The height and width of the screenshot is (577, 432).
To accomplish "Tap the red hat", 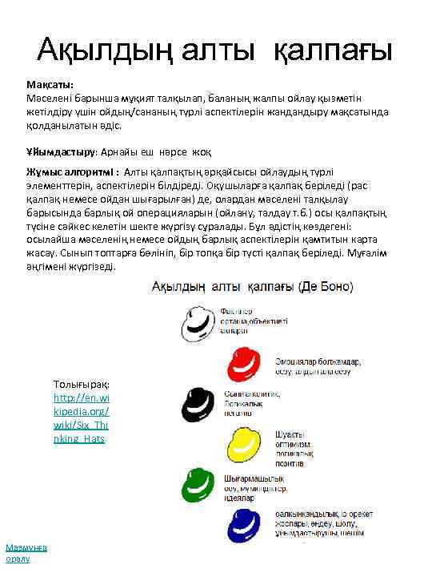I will [x=246, y=362].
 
